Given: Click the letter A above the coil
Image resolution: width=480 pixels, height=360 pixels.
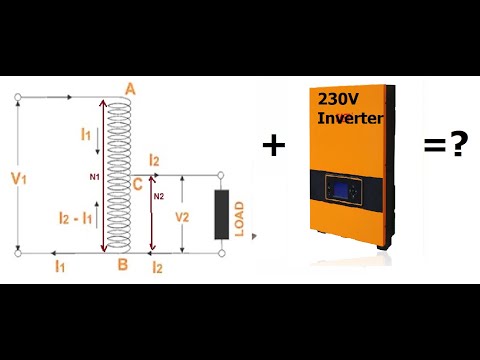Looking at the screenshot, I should click(x=131, y=90).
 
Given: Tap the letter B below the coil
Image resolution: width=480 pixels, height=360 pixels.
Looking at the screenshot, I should click(x=122, y=266).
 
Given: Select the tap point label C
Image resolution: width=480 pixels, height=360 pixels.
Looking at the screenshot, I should click(x=136, y=185).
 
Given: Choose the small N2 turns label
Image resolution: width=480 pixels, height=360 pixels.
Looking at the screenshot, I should click(x=158, y=196).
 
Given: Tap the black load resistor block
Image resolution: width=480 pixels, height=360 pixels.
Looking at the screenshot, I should click(x=221, y=213).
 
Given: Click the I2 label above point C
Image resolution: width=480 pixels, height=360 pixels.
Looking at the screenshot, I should click(x=153, y=161).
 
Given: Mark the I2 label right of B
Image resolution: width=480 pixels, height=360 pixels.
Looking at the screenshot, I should click(x=156, y=267).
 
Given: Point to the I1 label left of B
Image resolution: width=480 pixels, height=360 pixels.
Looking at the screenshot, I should click(x=61, y=267).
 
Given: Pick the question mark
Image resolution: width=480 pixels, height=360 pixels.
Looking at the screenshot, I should click(x=459, y=145).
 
